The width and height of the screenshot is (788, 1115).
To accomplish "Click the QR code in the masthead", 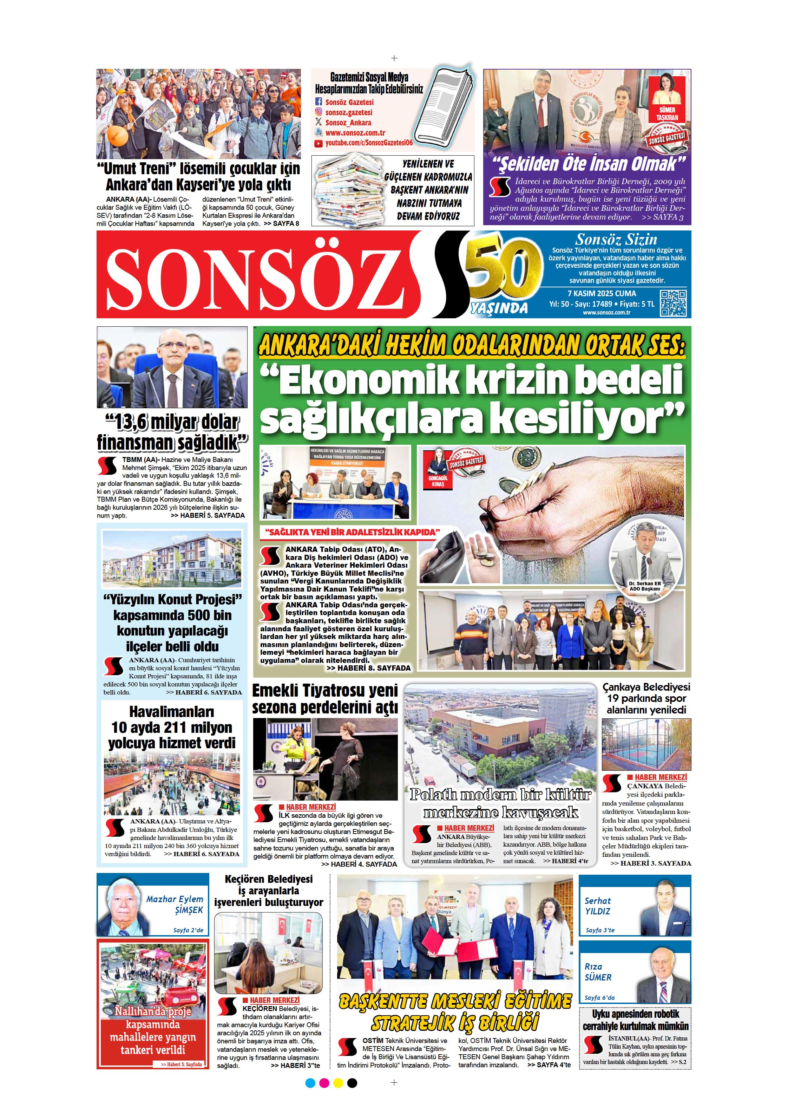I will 674,303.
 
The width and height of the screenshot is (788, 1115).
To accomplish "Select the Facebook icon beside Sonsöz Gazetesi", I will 319,102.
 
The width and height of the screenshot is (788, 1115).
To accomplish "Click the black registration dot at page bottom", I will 353,1083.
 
